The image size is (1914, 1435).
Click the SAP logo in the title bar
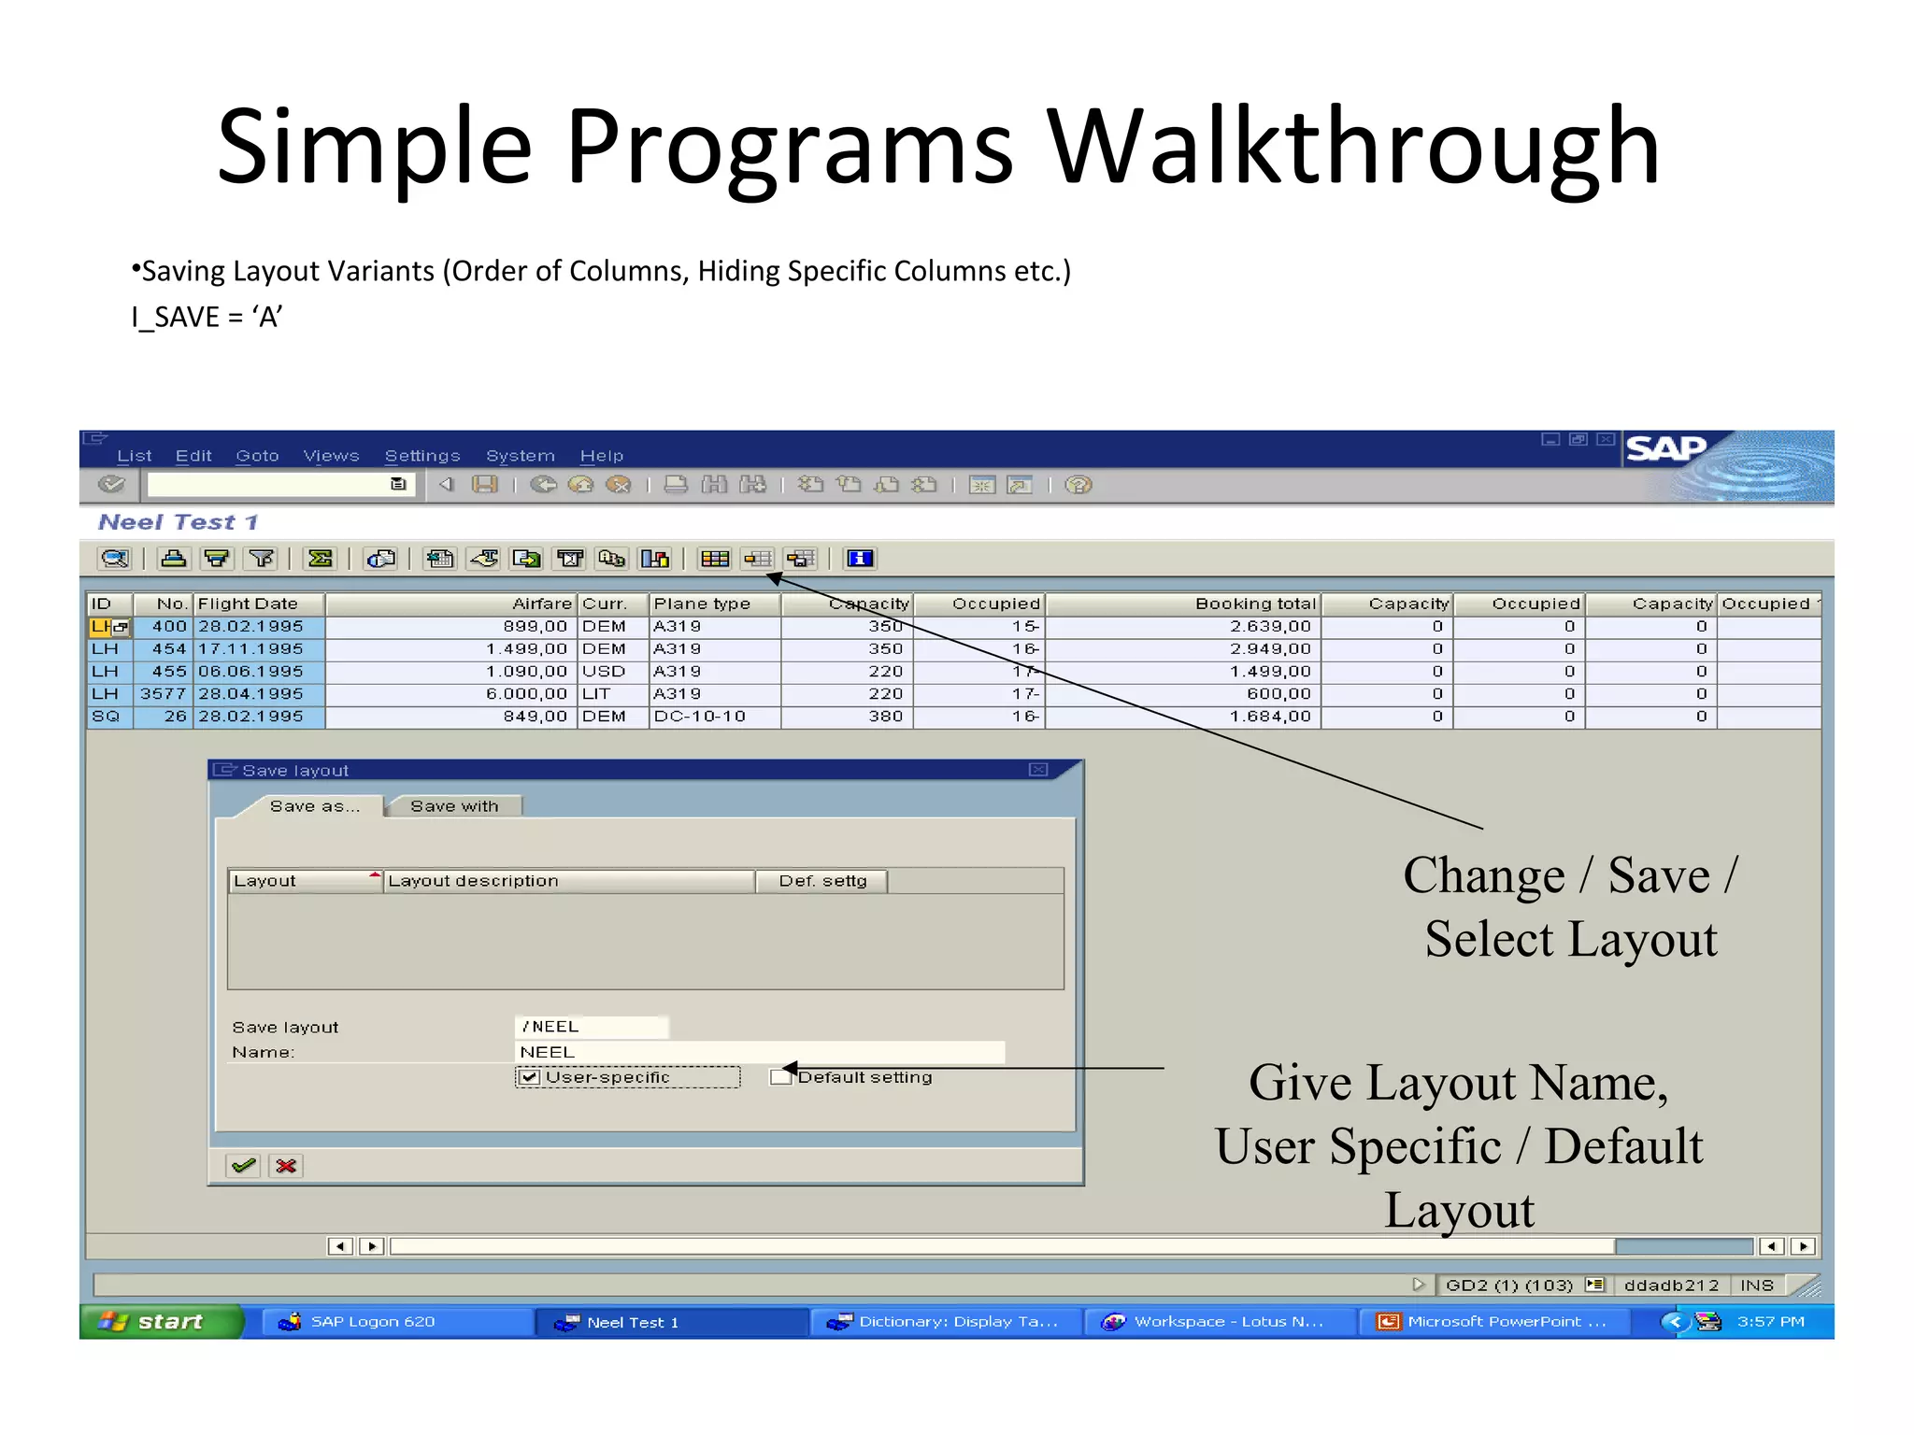[x=1666, y=449]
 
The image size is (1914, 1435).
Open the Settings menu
[x=422, y=456]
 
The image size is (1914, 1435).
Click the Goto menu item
[x=257, y=456]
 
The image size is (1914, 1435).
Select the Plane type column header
[x=702, y=604]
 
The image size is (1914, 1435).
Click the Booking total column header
[x=1254, y=604]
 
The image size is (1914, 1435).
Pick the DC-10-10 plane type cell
[x=700, y=717]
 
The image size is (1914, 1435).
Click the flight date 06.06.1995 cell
[x=250, y=672]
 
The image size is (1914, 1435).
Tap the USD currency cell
[x=604, y=672]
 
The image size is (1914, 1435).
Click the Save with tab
[x=454, y=806]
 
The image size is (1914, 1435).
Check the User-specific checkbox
[x=529, y=1077]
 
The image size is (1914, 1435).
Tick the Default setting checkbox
[x=778, y=1077]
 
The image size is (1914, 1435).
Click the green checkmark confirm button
[x=244, y=1165]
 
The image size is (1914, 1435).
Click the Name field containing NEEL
[x=759, y=1052]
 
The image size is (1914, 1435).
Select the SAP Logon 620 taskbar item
[x=372, y=1322]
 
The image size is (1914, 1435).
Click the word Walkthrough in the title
[x=1351, y=147]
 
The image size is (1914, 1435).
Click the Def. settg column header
[x=822, y=881]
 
